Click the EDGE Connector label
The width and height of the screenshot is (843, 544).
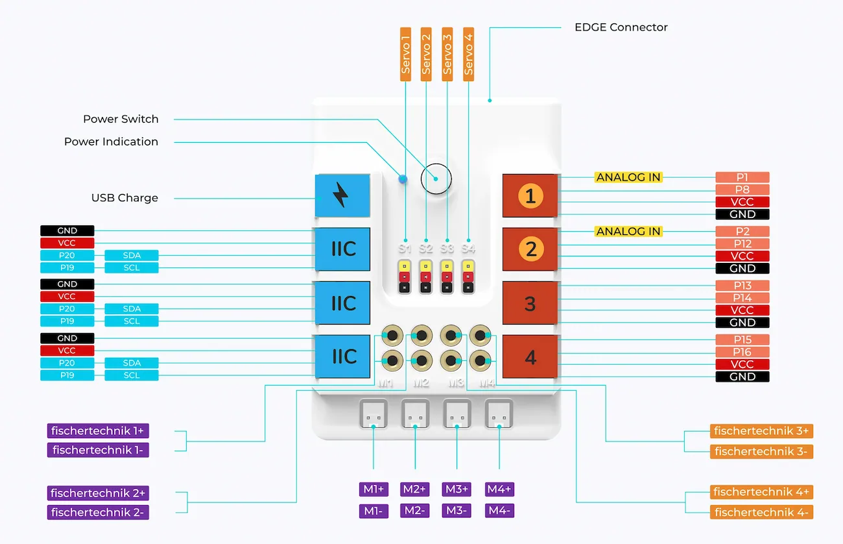click(621, 27)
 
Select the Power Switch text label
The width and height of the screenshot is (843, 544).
click(121, 119)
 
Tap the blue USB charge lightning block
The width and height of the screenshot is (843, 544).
click(342, 195)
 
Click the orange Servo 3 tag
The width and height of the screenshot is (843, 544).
click(447, 54)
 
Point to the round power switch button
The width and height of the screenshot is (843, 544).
click(436, 178)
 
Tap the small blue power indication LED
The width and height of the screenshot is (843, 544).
click(403, 179)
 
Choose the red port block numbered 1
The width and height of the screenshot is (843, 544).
click(530, 195)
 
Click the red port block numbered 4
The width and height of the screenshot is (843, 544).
click(530, 357)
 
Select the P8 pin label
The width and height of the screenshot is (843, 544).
click(742, 190)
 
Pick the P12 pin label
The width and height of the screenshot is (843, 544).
click(742, 243)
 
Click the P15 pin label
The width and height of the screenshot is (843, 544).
click(742, 340)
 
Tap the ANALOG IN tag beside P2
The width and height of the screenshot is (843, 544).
click(628, 231)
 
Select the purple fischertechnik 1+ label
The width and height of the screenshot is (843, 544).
click(98, 430)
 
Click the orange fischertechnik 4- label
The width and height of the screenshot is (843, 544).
click(761, 512)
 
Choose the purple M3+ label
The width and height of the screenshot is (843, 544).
click(457, 489)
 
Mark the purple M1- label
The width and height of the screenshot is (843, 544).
click(374, 511)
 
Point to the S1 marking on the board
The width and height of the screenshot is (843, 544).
click(405, 248)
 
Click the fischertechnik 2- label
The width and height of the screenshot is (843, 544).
click(98, 512)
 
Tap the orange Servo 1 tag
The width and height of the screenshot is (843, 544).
click(406, 54)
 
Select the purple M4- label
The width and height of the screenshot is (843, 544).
click(499, 511)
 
